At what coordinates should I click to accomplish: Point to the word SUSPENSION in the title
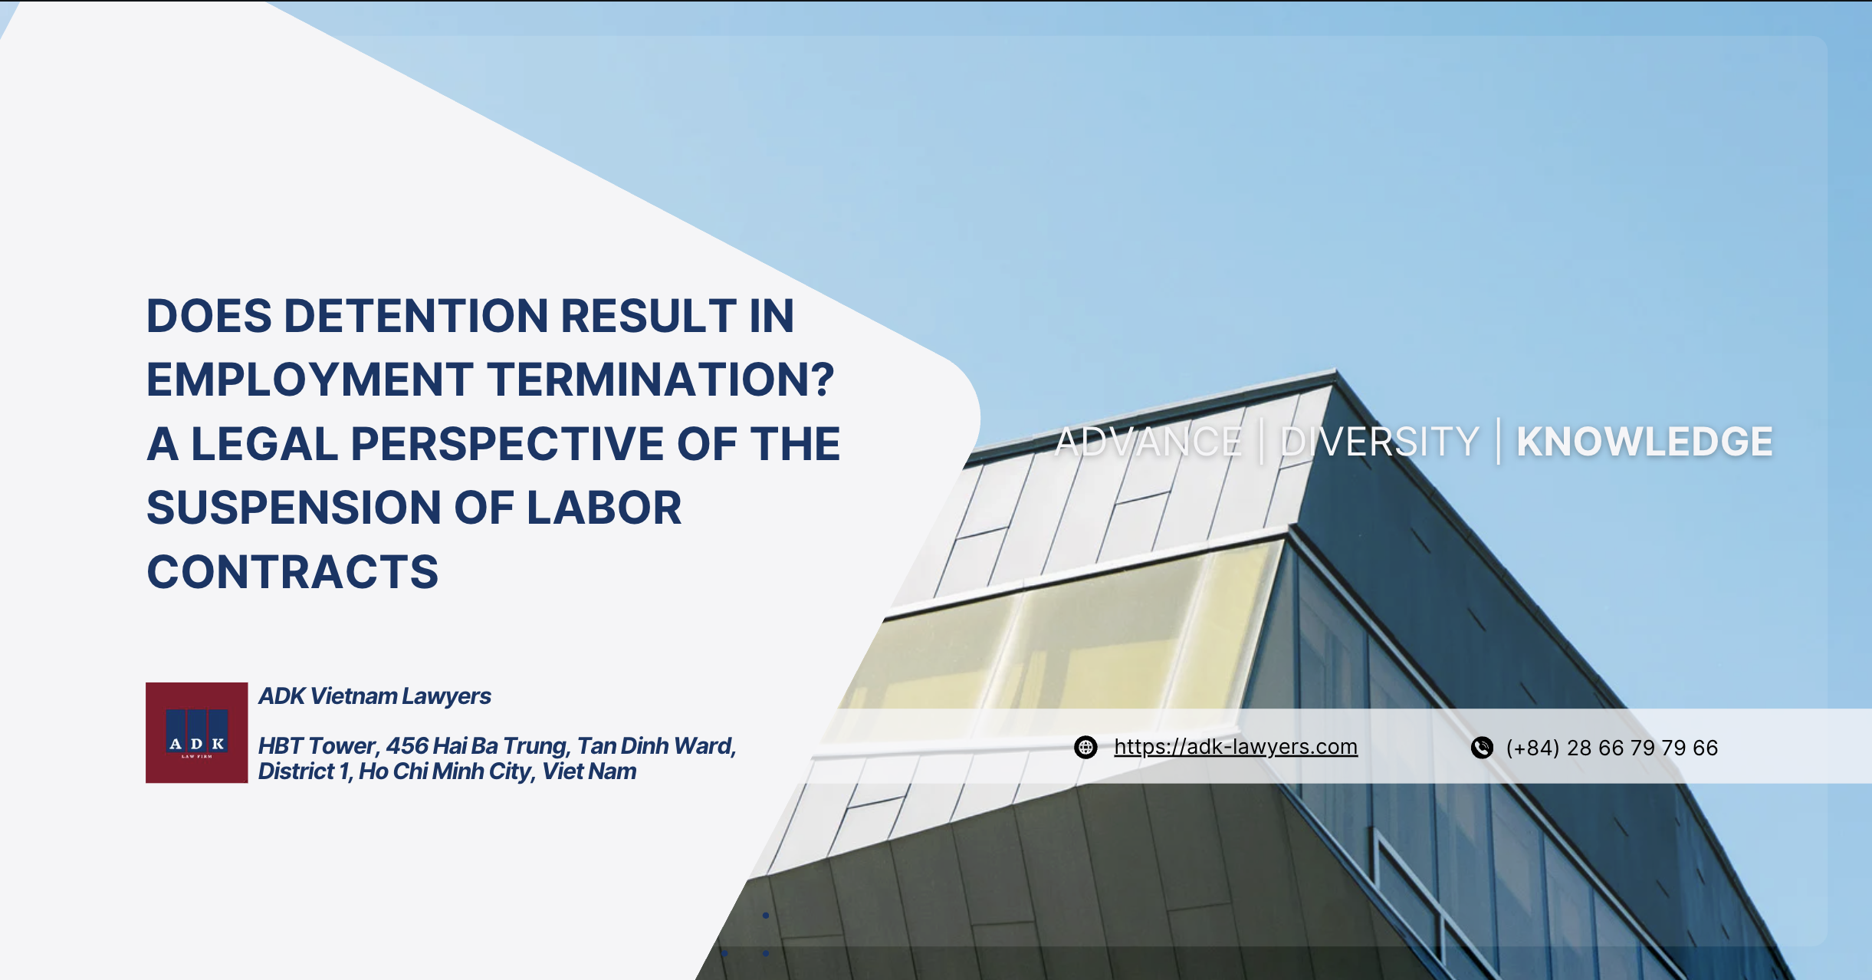pos(293,508)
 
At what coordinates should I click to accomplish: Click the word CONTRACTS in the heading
pos(293,572)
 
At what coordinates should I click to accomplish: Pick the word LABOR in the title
pos(604,508)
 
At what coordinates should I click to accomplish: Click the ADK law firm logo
pos(197,732)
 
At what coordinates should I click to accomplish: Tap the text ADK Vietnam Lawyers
pos(375,696)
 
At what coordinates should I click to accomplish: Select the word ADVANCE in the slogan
pos(1148,442)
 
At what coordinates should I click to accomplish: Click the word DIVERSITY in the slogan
pos(1379,442)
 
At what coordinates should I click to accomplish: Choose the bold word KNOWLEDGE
pos(1644,442)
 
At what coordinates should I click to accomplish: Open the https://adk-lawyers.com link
pos(1236,747)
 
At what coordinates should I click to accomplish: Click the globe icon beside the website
pos(1085,747)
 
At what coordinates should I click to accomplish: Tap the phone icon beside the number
pos(1482,748)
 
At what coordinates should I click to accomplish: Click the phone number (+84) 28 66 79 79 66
pos(1611,748)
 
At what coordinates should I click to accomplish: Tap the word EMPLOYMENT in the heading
pos(310,380)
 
